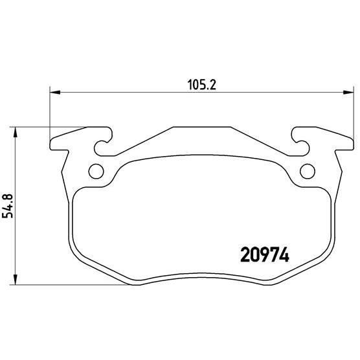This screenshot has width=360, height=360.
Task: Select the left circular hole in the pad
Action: pyautogui.click(x=95, y=172)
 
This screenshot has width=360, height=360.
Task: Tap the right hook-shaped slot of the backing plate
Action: pyautogui.click(x=299, y=145)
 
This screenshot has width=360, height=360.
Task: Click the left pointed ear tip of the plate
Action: pyautogui.click(x=52, y=142)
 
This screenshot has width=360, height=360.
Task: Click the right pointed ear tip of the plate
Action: pyautogui.click(x=350, y=141)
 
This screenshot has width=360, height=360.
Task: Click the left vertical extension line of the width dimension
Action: pyautogui.click(x=50, y=113)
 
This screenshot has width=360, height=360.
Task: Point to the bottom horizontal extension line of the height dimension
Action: pyautogui.click(x=65, y=286)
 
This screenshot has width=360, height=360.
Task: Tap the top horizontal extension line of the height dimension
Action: pyautogui.click(x=52, y=127)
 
